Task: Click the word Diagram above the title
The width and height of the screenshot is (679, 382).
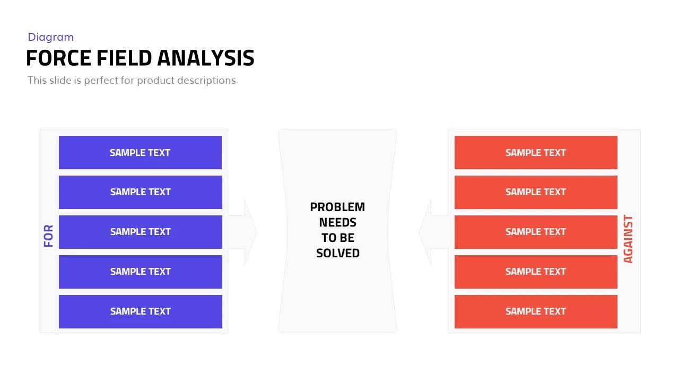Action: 50,37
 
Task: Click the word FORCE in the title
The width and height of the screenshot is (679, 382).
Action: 59,58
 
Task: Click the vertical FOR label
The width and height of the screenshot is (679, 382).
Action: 49,236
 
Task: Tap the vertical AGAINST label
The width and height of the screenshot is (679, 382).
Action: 628,239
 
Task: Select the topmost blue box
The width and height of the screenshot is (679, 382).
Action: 140,152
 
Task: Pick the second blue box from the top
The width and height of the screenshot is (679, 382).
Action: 140,192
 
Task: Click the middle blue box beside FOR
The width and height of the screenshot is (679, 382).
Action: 140,232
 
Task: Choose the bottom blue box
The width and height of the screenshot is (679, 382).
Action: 140,311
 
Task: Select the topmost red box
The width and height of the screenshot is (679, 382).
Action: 536,152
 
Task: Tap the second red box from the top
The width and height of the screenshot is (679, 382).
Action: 536,192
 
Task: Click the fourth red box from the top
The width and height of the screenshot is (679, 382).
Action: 536,272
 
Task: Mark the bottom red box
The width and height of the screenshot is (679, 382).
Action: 536,311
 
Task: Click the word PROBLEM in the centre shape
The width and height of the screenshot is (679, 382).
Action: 337,207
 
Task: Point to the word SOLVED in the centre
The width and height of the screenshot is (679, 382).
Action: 337,253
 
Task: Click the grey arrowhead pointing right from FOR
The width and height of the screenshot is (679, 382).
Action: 249,232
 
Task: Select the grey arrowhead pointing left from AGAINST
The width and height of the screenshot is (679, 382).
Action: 425,232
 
